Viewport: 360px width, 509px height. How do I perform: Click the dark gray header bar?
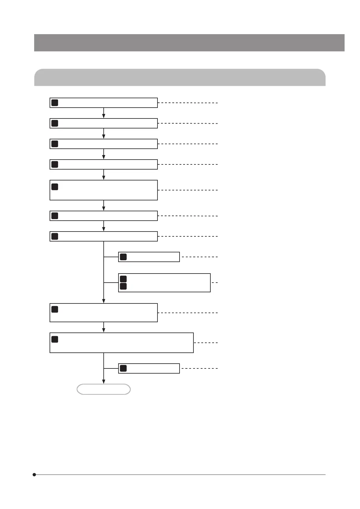click(189, 43)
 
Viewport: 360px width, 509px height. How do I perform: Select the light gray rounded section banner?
click(180, 78)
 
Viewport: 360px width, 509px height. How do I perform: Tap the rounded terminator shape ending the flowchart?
click(104, 389)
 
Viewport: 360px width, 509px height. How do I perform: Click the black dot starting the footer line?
click(34, 475)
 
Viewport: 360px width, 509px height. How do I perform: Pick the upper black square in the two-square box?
click(123, 279)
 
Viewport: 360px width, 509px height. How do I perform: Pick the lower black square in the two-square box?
click(123, 286)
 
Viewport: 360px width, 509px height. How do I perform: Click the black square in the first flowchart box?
click(55, 103)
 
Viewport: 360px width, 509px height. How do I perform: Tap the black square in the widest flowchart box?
click(55, 339)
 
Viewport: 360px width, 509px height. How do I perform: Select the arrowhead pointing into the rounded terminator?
click(104, 381)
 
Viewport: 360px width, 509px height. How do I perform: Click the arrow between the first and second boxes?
click(104, 113)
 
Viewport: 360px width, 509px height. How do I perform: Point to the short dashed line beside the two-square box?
click(215, 282)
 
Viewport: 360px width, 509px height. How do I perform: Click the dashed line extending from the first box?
click(188, 103)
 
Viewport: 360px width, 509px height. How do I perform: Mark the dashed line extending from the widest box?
click(206, 343)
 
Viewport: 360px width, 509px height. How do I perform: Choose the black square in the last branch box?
click(123, 368)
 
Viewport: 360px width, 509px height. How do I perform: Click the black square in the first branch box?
click(123, 257)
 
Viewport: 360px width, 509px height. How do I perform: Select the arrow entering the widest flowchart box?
click(104, 328)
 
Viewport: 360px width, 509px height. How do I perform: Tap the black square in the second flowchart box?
click(55, 123)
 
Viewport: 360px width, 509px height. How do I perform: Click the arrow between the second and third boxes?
click(104, 134)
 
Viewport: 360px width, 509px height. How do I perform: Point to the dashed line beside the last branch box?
click(199, 368)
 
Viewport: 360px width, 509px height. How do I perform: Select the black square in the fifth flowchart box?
click(55, 187)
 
